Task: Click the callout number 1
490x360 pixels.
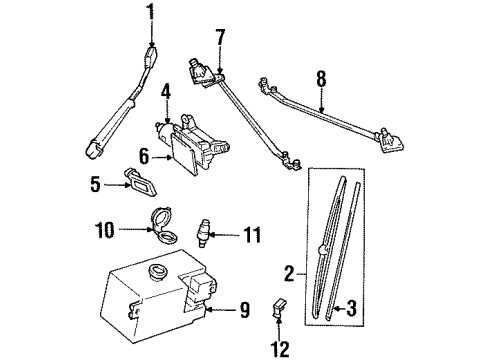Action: pos(151,12)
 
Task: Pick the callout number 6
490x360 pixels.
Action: pos(143,155)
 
